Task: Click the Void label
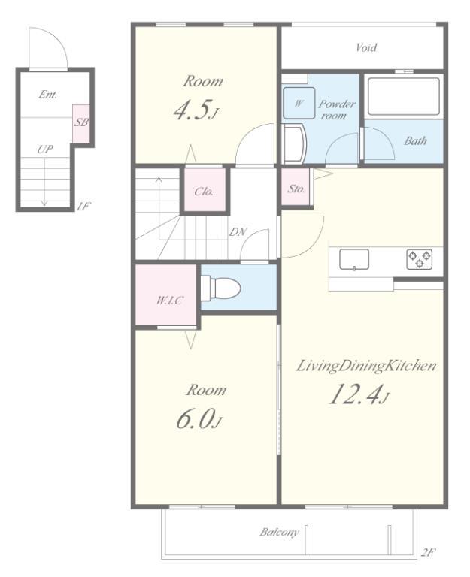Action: click(366, 47)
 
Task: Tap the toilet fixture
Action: click(220, 288)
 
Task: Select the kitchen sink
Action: click(354, 260)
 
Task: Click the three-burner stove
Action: click(420, 259)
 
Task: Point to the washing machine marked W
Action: click(299, 103)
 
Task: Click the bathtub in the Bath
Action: click(404, 96)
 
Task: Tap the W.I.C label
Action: click(169, 301)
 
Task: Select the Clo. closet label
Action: click(204, 192)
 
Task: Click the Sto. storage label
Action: click(296, 189)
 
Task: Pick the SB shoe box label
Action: click(81, 122)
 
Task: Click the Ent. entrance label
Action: click(48, 95)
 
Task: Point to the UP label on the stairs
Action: click(45, 149)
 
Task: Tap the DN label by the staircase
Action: click(238, 232)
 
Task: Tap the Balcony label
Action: click(279, 532)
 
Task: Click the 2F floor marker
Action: click(429, 552)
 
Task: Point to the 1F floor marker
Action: click(83, 206)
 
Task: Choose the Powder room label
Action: click(337, 110)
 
